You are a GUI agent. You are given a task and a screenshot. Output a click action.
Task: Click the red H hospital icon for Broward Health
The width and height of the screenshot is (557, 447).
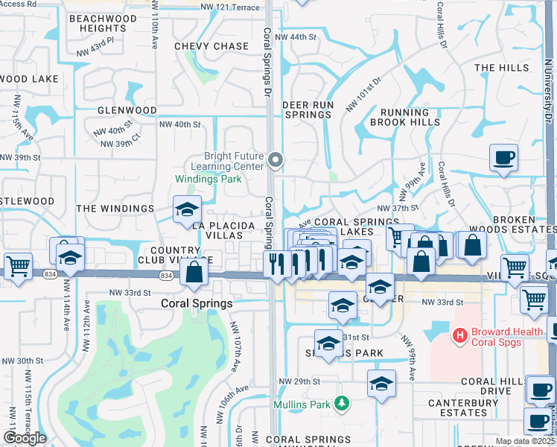(459, 336)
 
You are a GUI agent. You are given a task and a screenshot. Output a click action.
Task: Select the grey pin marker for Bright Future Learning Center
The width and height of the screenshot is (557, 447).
(276, 159)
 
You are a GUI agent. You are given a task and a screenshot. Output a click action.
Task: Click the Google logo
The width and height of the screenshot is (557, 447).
(25, 438)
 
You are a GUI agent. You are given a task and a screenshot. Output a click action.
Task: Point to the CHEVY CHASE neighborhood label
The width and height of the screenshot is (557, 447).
(211, 46)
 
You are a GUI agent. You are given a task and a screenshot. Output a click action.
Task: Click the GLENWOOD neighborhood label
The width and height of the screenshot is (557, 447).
(127, 110)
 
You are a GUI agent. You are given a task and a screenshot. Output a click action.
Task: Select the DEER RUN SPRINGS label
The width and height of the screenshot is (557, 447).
(308, 110)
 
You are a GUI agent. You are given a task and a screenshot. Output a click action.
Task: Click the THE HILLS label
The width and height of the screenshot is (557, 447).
(500, 68)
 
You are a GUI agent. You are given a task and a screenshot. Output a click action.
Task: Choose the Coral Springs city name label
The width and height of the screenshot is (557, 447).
(197, 304)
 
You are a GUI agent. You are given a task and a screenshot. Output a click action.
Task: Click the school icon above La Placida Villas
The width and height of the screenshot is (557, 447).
(187, 209)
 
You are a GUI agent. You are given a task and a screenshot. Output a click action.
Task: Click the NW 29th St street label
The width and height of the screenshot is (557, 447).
(299, 381)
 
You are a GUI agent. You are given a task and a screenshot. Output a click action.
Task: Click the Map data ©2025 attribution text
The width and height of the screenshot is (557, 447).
(524, 441)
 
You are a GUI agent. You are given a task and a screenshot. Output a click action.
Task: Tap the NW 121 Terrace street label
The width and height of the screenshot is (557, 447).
(230, 7)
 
